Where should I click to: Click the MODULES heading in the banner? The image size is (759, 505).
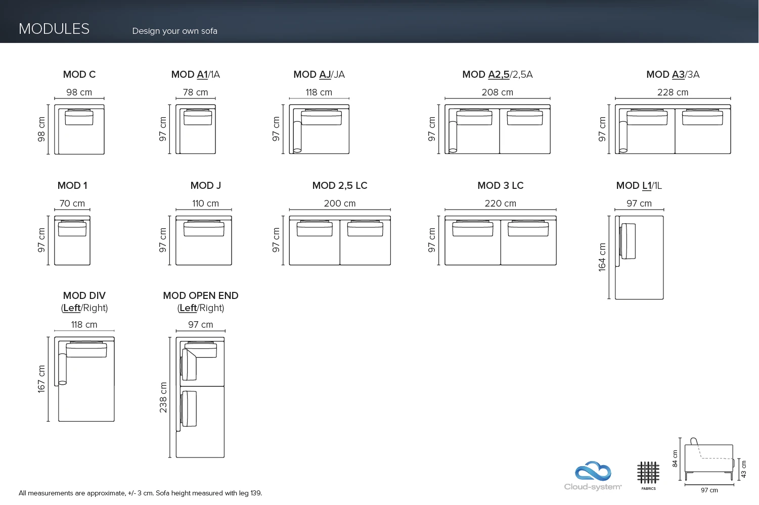pos(54,29)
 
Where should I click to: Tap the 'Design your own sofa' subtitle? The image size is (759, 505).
pos(174,31)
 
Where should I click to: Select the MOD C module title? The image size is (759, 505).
pos(79,74)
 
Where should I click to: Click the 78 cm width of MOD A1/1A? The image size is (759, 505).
pos(196,92)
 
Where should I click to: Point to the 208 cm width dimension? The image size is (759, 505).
pos(498,92)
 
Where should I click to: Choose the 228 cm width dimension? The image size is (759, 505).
pos(673,92)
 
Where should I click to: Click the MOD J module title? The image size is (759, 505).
pos(206,185)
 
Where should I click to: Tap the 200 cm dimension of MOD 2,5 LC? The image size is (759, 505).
pos(339,204)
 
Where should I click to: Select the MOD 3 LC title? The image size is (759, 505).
pos(501,185)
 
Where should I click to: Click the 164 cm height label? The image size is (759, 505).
pos(602,257)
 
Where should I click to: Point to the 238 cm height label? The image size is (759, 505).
pos(163,397)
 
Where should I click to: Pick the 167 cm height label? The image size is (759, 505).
pos(41,379)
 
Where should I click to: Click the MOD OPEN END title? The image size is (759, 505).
pos(201,295)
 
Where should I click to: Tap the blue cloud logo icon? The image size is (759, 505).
pos(593,471)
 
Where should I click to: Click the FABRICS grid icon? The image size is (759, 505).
pos(648,473)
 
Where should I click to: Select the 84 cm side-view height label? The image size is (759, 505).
pos(675,459)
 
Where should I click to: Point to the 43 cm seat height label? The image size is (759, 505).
pos(744,469)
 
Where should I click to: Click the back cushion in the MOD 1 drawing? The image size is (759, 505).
pos(72,228)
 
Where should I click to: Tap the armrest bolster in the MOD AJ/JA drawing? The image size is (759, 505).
pos(297,137)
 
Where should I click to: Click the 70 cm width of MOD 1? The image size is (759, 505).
pos(72,204)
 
